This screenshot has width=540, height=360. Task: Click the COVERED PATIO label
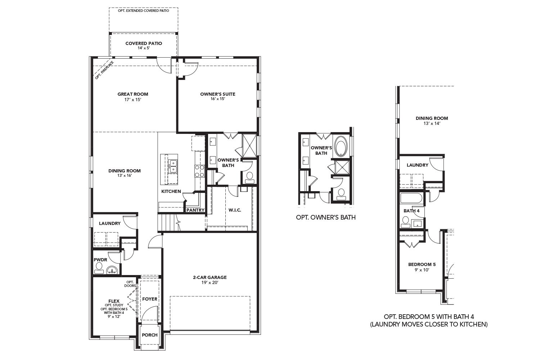pos(144,43)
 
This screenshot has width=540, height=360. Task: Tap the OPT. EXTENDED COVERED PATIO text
pos(143,11)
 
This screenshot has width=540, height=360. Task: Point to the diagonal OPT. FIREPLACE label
pos(104,70)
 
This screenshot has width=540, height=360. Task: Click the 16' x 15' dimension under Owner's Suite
pos(217,99)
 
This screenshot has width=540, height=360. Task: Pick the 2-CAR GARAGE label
pos(210,277)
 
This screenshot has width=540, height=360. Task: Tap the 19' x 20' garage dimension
pos(210,283)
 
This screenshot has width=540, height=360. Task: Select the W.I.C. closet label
pos(235,210)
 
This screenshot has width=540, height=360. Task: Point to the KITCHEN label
pos(171,191)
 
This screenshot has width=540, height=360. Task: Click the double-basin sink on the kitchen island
pos(173,166)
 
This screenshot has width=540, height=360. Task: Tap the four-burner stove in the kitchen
pos(199,171)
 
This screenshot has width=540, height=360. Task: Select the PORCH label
pos(149,335)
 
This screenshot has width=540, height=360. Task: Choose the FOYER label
pos(150,299)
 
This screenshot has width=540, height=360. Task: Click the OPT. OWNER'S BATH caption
pos(325,217)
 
